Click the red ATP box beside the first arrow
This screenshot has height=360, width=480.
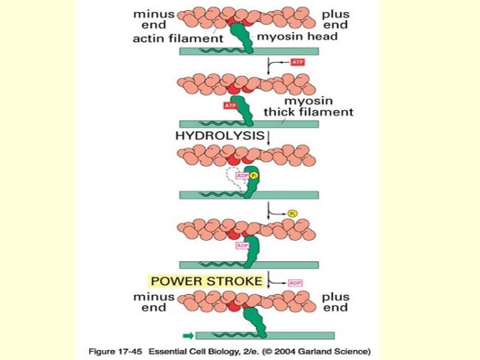tap(298, 62)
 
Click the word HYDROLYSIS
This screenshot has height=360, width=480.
tap(219, 135)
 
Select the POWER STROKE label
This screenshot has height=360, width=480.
tap(207, 281)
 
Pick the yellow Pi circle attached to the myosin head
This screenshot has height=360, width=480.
tap(254, 176)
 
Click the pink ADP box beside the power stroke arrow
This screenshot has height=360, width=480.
tap(295, 283)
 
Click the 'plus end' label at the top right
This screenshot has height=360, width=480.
tap(335, 19)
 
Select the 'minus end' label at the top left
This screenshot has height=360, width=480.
tap(154, 19)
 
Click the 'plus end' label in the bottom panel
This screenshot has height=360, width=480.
tap(335, 302)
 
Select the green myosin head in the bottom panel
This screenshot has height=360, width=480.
tap(254, 320)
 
